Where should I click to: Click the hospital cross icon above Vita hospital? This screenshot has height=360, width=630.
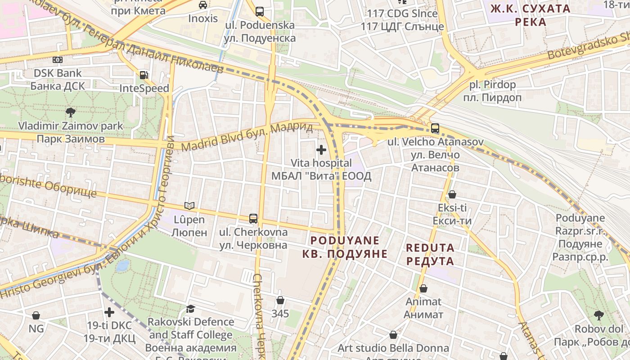(x=321, y=149)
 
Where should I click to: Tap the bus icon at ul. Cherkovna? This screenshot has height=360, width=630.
(x=253, y=219)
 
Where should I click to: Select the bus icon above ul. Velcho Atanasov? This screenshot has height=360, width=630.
(x=435, y=128)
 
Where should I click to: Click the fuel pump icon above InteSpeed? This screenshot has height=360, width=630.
(x=144, y=75)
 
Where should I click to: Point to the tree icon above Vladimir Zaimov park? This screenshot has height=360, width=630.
(x=70, y=112)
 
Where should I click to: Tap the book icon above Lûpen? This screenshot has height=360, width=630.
(x=189, y=206)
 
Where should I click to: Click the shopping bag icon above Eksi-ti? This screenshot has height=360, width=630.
(x=452, y=194)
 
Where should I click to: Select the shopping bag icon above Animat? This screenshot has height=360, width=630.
(x=423, y=288)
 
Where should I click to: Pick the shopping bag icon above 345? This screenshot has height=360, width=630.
(x=280, y=300)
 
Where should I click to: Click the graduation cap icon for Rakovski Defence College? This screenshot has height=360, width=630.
(x=190, y=309)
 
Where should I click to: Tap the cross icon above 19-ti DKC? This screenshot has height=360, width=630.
(x=109, y=312)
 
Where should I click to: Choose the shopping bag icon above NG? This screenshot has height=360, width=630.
(x=36, y=315)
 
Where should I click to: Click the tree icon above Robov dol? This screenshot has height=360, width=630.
(x=598, y=315)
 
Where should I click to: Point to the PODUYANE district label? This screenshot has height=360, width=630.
(x=345, y=247)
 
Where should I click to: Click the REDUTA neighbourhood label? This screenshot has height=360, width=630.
(x=430, y=254)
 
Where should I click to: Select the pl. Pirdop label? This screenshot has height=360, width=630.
(x=492, y=91)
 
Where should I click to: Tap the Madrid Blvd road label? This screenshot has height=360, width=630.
(x=247, y=137)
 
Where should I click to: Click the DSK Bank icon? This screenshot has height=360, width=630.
(x=58, y=59)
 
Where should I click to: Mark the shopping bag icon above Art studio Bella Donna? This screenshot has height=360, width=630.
(x=393, y=335)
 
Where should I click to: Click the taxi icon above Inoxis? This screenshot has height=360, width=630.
(x=203, y=5)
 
